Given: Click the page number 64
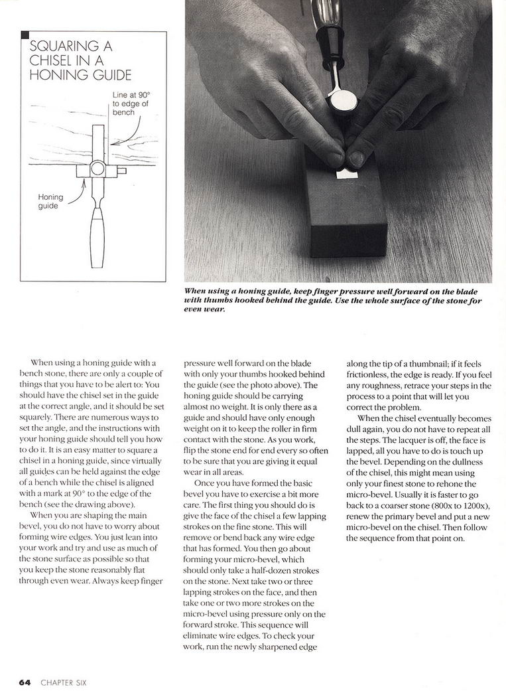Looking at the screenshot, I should (x=25, y=682).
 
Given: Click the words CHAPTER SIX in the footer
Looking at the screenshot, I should (x=63, y=682).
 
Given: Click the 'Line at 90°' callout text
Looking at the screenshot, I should (x=127, y=95).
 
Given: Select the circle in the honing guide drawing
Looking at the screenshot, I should (x=98, y=169).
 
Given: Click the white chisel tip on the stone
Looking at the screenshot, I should (x=346, y=174).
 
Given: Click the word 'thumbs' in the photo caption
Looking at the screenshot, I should (x=220, y=300).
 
